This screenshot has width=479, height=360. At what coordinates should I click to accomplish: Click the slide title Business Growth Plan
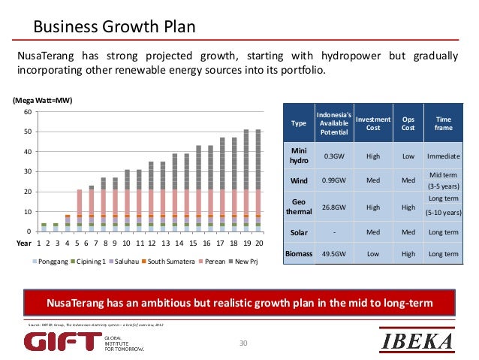tap(113, 28)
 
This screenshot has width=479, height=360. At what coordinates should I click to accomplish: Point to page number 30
tap(243, 343)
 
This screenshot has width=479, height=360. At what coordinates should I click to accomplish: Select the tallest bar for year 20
tap(259, 180)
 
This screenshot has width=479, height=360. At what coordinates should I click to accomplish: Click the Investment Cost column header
tap(372, 123)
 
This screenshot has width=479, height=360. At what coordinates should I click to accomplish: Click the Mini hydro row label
tap(299, 156)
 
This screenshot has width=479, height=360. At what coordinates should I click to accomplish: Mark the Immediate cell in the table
tap(443, 156)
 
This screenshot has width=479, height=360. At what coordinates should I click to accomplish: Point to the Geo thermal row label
tap(299, 206)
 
